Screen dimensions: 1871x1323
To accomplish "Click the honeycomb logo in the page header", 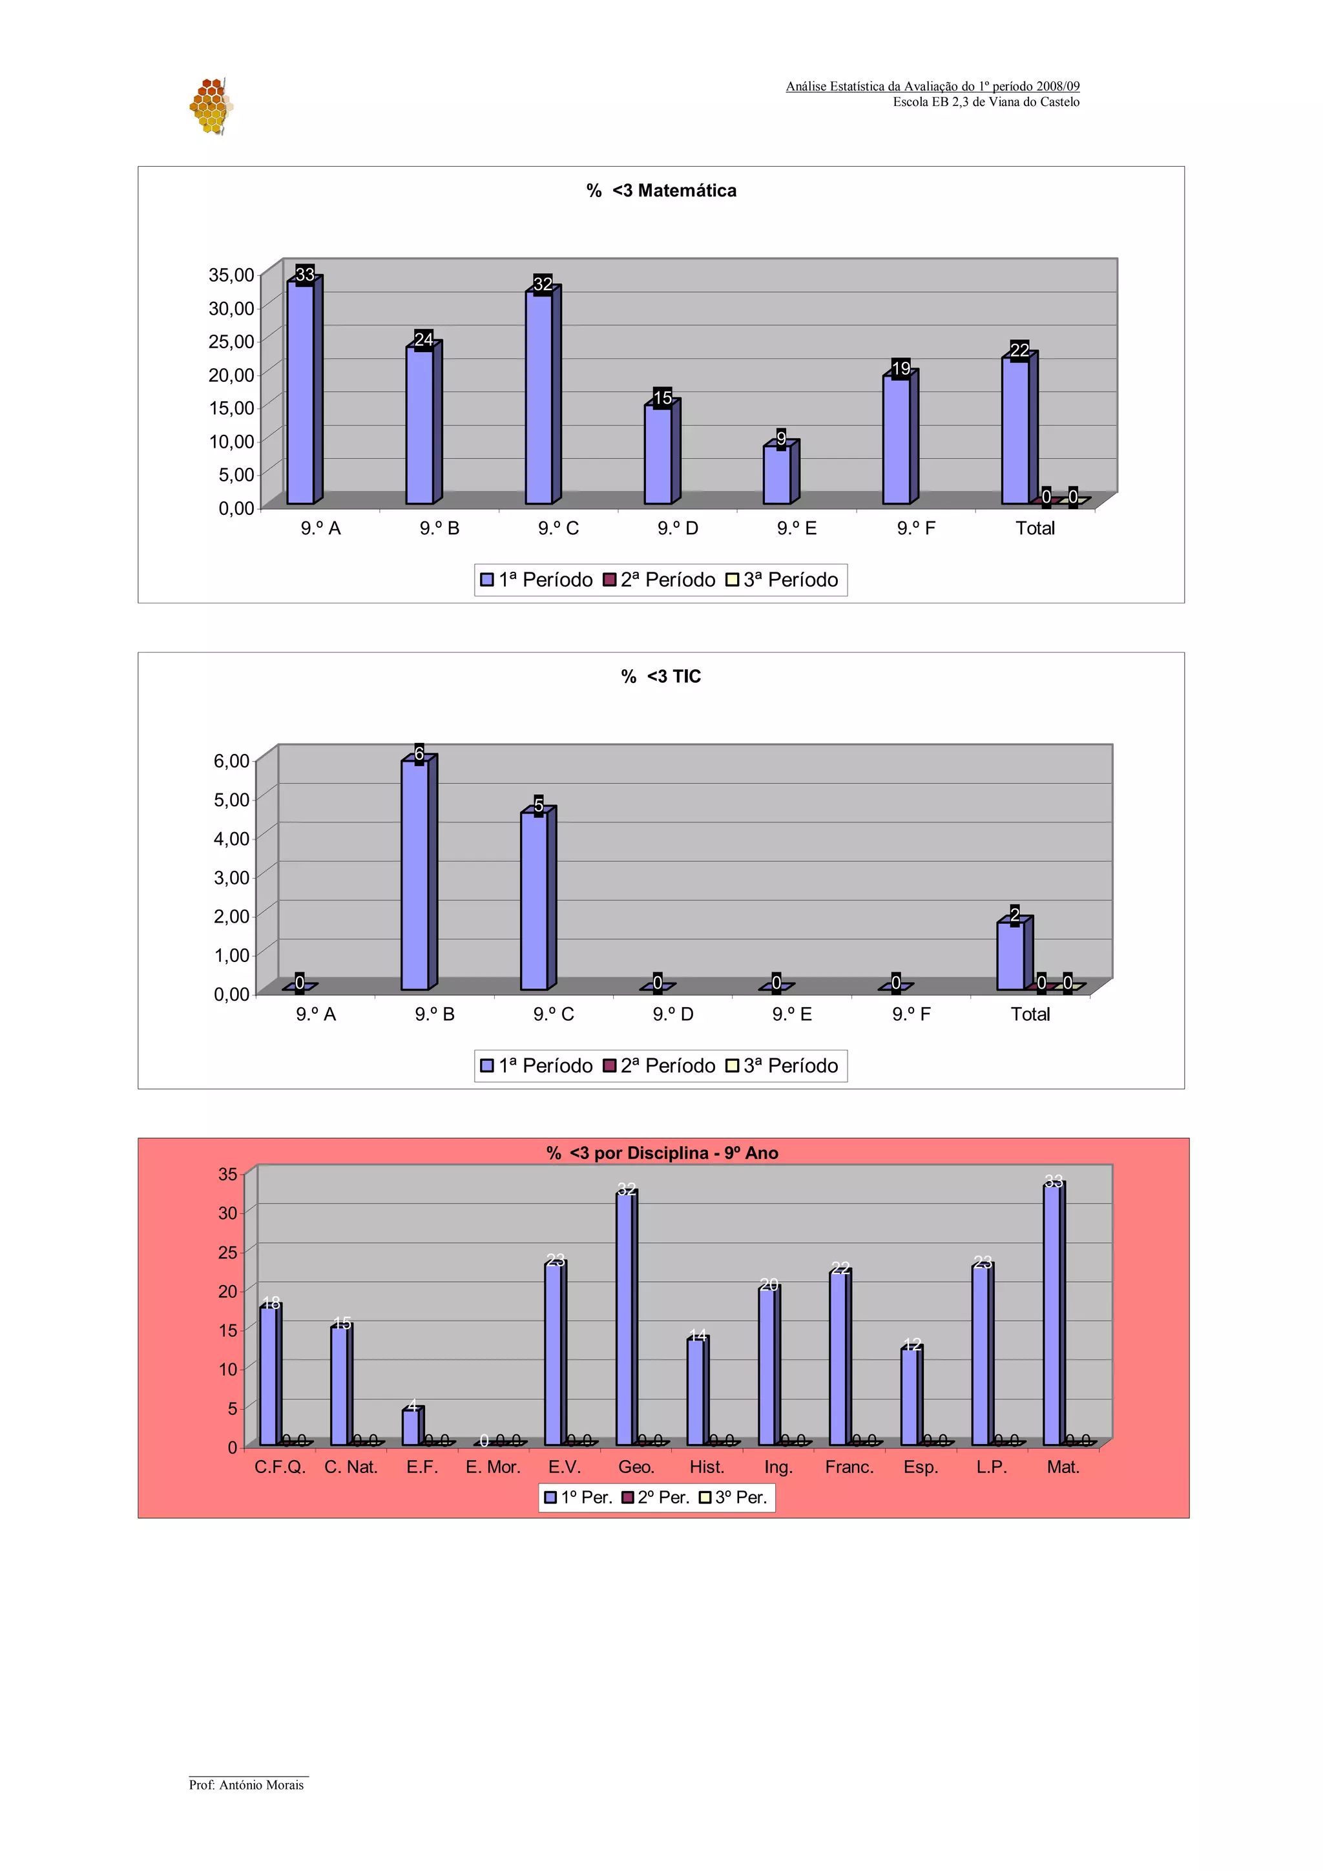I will (x=211, y=106).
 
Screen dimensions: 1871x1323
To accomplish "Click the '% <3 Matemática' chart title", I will (x=661, y=191).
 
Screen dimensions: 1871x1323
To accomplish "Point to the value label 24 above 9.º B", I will (x=424, y=340).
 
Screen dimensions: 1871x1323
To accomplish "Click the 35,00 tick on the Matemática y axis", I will (x=231, y=275).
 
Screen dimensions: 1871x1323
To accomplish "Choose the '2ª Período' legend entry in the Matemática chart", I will (x=659, y=580).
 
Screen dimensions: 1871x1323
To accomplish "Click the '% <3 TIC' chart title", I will (x=661, y=676).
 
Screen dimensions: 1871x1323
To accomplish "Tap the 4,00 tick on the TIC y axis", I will (x=231, y=839).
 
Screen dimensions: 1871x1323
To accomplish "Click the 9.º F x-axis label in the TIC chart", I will (x=911, y=1014).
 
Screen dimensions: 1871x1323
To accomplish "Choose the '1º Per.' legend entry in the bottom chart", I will (x=578, y=1497).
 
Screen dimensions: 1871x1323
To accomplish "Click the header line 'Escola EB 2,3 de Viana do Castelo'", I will (x=986, y=102).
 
